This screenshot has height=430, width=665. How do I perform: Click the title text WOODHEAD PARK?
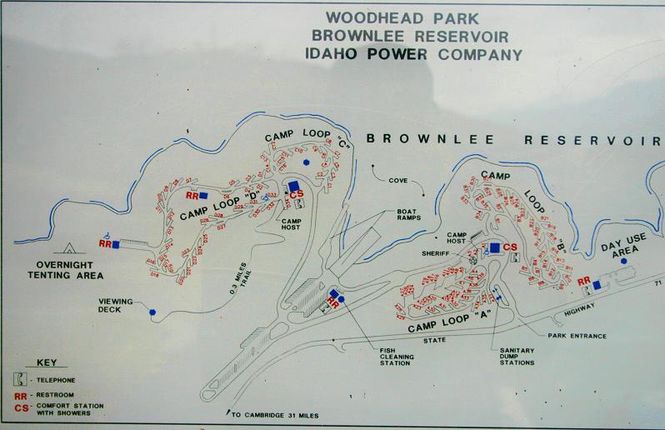(390, 17)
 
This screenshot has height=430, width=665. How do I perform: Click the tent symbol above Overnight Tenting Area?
(66, 247)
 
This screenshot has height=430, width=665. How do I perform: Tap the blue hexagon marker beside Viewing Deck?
(152, 312)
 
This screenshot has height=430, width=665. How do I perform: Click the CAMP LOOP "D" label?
(219, 207)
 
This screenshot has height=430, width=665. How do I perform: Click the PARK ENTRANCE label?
(577, 336)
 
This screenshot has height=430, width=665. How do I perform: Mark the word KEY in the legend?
(47, 363)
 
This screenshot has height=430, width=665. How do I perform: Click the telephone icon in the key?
(21, 380)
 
